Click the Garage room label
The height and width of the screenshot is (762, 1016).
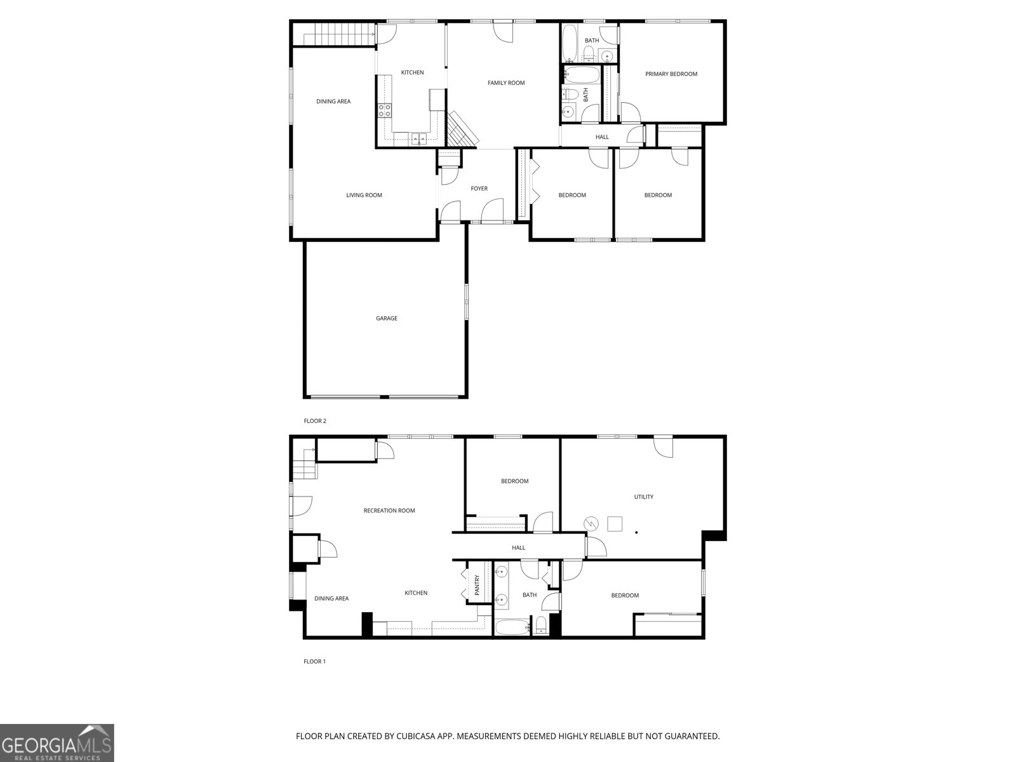[386, 318]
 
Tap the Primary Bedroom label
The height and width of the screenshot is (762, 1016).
[671, 74]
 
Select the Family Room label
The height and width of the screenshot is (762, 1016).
[506, 83]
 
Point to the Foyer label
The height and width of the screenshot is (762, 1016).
[479, 189]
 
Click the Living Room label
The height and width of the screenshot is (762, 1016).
[364, 195]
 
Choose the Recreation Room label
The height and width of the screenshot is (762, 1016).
[389, 511]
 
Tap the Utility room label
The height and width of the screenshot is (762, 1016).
[643, 497]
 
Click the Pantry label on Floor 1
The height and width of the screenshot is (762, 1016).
[477, 585]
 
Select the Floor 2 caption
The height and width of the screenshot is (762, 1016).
[315, 421]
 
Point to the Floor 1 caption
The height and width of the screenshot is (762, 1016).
[314, 662]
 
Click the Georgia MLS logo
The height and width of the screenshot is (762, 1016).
[57, 743]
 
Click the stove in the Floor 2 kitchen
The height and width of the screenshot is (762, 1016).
[385, 110]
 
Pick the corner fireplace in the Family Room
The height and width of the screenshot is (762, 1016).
[461, 130]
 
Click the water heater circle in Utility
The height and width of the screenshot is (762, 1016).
[591, 523]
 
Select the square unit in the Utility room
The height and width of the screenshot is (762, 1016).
[615, 524]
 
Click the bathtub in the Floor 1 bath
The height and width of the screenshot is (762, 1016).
[512, 628]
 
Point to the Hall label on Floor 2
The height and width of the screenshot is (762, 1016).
[602, 137]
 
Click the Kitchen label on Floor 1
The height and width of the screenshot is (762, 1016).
[416, 593]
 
